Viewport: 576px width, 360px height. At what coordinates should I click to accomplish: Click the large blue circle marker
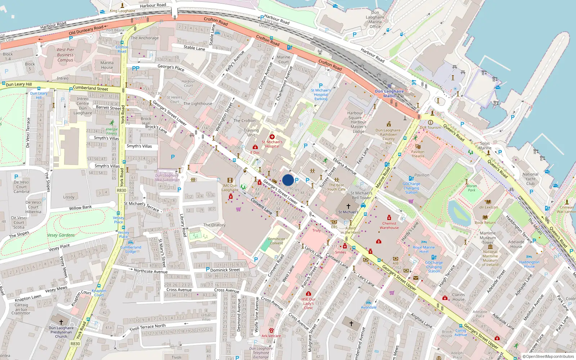(288, 180)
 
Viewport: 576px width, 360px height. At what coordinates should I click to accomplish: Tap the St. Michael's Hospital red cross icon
(272, 137)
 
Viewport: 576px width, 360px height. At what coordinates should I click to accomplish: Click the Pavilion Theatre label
(418, 154)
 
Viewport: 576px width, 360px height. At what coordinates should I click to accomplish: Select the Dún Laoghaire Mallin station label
(389, 94)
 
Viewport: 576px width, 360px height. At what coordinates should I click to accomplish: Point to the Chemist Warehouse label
(389, 225)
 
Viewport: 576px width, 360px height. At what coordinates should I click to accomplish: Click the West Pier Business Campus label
(65, 55)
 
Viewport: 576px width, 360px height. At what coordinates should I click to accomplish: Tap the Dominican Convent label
(276, 241)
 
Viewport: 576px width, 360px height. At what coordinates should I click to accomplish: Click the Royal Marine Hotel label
(424, 249)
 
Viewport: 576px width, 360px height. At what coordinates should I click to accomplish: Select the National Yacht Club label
(530, 179)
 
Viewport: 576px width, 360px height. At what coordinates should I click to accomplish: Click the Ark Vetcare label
(271, 336)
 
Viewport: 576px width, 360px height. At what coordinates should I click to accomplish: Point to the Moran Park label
(472, 188)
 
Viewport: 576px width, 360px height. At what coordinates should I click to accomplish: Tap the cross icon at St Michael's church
(348, 206)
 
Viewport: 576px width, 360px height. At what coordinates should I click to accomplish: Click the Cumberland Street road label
(90, 88)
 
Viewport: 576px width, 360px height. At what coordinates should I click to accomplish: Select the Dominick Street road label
(225, 270)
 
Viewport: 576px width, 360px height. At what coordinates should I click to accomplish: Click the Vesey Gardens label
(61, 235)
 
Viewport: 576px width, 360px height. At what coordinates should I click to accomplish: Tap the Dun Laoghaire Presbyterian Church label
(61, 332)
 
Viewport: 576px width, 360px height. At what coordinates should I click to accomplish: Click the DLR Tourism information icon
(431, 122)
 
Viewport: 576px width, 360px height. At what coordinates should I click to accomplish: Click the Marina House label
(107, 65)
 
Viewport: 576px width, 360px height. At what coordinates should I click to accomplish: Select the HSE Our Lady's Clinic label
(309, 303)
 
